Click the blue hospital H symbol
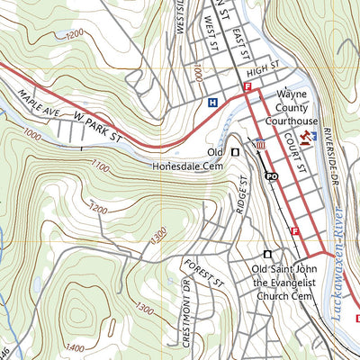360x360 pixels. [x=212, y=103]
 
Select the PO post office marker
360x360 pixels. [x=270, y=176]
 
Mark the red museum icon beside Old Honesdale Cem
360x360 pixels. [x=260, y=144]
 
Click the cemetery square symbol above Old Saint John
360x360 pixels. [x=267, y=254]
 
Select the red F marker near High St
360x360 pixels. [x=247, y=86]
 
